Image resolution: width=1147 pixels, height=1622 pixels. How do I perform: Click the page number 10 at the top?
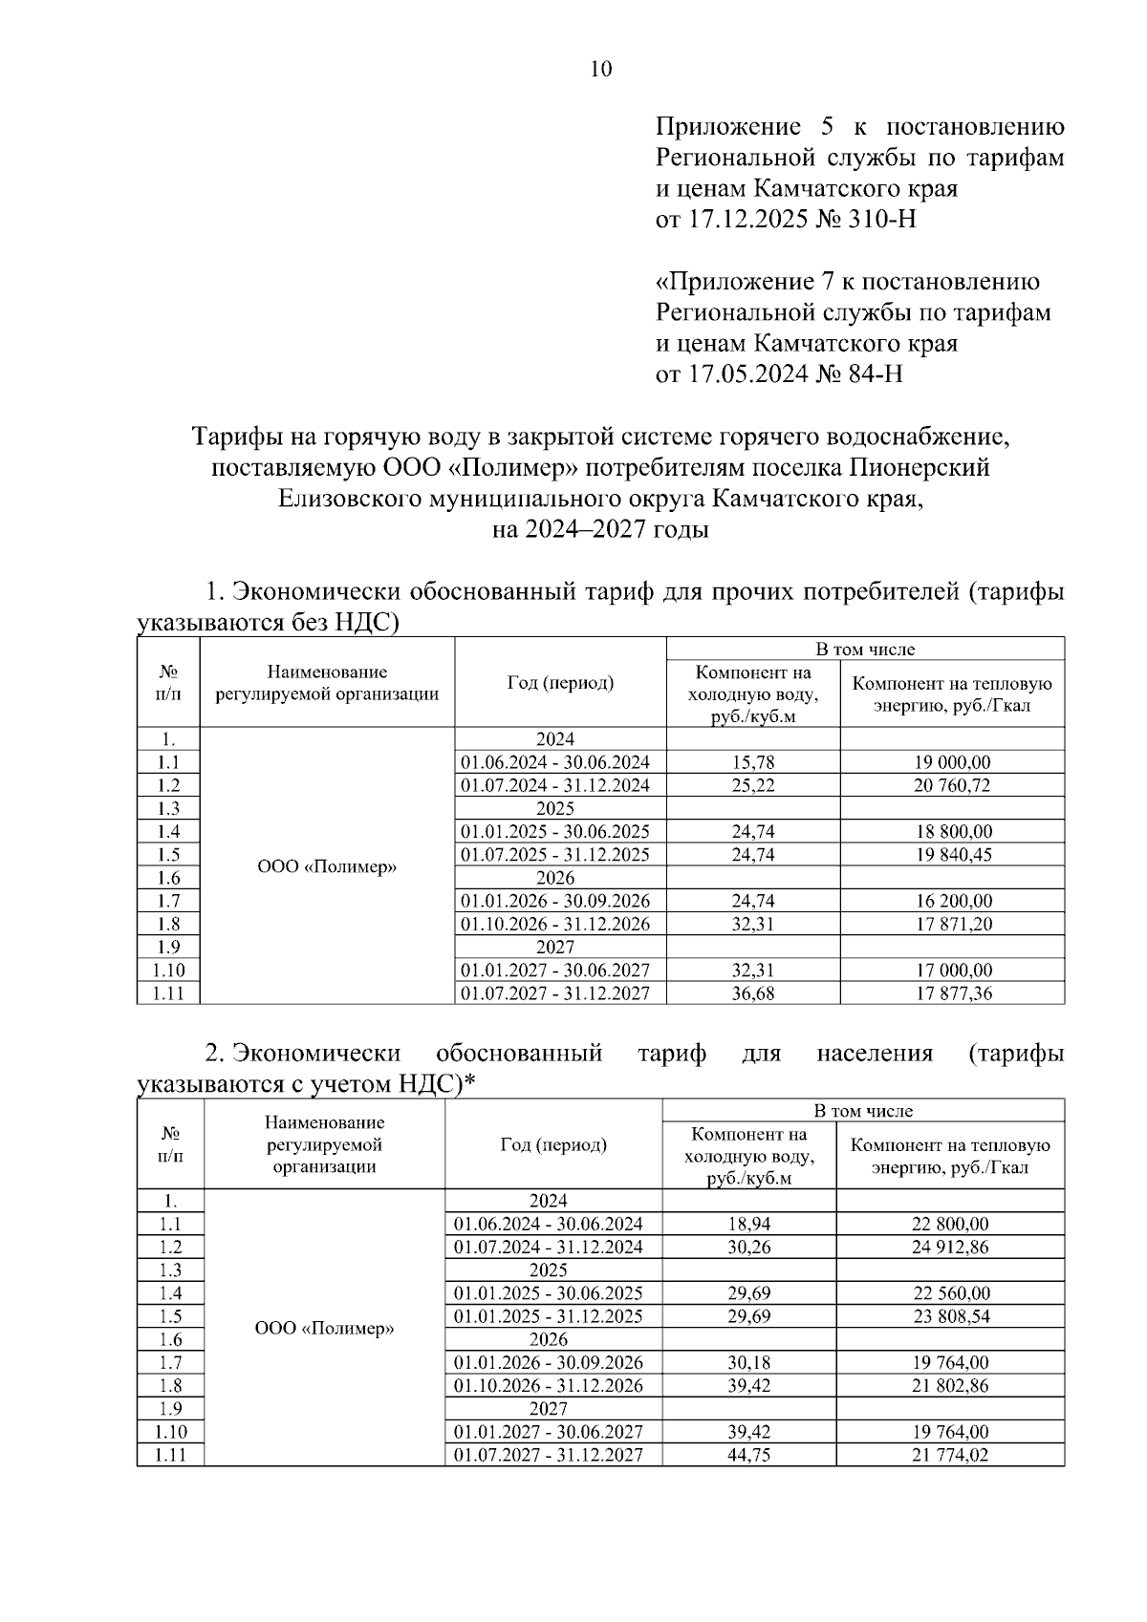pyautogui.click(x=601, y=69)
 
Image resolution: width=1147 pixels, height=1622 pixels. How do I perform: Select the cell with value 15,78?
pyautogui.click(x=753, y=762)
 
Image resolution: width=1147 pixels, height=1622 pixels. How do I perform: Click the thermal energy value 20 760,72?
pyautogui.click(x=951, y=785)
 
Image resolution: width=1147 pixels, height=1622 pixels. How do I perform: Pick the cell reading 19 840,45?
pyautogui.click(x=951, y=855)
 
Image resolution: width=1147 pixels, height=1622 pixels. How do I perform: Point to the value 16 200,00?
pyautogui.click(x=951, y=901)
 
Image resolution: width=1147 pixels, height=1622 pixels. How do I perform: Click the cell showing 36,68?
pyautogui.click(x=753, y=993)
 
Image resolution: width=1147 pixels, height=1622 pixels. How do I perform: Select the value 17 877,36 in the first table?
pyautogui.click(x=951, y=993)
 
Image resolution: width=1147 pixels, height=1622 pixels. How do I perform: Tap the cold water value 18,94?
pyautogui.click(x=748, y=1224)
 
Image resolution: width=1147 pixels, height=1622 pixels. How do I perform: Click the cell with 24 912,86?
pyautogui.click(x=949, y=1247)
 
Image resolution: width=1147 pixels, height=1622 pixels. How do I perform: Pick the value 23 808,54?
pyautogui.click(x=949, y=1316)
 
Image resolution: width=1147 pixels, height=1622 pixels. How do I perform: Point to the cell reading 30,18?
pyautogui.click(x=748, y=1363)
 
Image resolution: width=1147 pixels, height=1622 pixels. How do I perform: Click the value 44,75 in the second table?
pyautogui.click(x=748, y=1455)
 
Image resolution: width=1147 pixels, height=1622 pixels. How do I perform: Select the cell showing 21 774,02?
pyautogui.click(x=949, y=1455)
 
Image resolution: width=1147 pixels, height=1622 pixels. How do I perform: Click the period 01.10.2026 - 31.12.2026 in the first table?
pyautogui.click(x=555, y=924)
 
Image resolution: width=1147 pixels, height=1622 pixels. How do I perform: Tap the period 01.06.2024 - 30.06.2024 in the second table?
pyautogui.click(x=549, y=1224)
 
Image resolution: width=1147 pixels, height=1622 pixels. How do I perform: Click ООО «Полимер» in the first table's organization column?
pyautogui.click(x=327, y=867)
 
